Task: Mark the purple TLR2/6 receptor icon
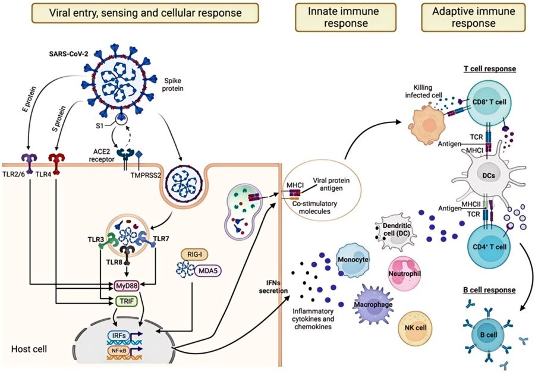(27, 161)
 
